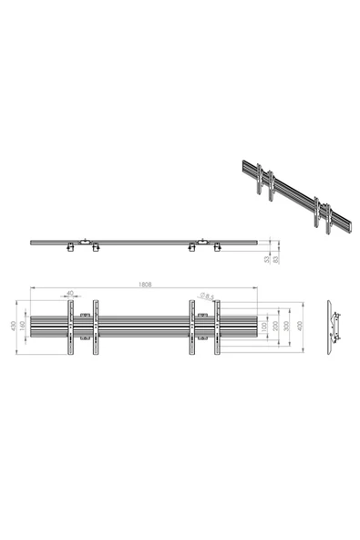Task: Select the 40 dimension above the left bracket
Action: [70, 294]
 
